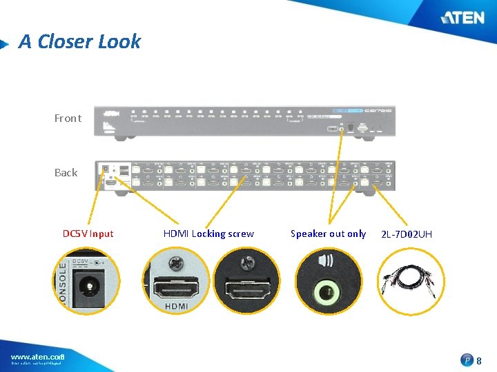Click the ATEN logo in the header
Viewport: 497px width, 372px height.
click(462, 17)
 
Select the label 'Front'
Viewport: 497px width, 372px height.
click(68, 118)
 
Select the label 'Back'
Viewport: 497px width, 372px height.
click(66, 173)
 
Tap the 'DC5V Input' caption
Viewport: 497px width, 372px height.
click(88, 234)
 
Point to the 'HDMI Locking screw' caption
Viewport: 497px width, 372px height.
click(208, 234)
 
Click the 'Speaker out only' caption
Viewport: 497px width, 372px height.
click(328, 234)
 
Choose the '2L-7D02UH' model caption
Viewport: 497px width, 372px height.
click(407, 235)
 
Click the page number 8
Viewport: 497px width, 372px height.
click(479, 360)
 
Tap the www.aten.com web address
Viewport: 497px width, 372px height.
click(37, 356)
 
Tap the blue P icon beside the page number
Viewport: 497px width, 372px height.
click(467, 360)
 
